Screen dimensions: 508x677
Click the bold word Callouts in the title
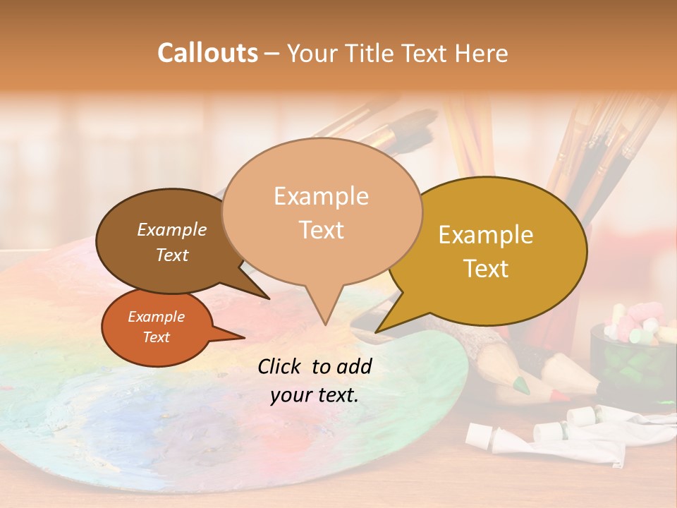pyautogui.click(x=207, y=53)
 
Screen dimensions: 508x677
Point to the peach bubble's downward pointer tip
pyautogui.click(x=324, y=324)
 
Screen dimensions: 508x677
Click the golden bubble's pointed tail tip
pyautogui.click(x=377, y=331)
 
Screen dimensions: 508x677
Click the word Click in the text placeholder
pyautogui.click(x=281, y=366)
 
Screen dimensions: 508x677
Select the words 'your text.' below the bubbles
pyautogui.click(x=315, y=395)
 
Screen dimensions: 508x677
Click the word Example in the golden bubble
pyautogui.click(x=486, y=235)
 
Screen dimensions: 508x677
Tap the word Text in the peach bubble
pyautogui.click(x=322, y=230)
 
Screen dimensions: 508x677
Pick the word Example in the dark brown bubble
pyautogui.click(x=172, y=229)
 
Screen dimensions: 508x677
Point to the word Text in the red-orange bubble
pyautogui.click(x=157, y=337)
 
